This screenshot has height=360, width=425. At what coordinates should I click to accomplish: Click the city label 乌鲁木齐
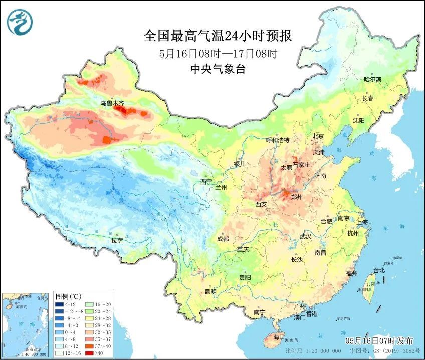click(111, 103)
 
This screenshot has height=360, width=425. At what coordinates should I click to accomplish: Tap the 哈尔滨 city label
click(372, 79)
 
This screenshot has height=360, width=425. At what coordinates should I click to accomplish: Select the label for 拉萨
click(117, 240)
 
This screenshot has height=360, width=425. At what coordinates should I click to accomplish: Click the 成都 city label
click(223, 239)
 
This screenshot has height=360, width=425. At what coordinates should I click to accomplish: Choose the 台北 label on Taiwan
click(379, 270)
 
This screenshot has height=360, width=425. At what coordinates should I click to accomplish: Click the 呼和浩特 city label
click(278, 140)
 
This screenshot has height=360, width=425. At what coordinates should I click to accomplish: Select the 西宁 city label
click(206, 182)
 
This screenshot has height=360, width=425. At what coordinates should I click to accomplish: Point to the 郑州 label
click(297, 197)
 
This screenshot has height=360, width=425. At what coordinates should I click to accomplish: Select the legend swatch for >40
click(89, 352)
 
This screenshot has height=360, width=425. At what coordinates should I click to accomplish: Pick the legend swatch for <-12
click(60, 304)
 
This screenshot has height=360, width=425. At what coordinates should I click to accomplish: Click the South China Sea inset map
click(26, 324)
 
